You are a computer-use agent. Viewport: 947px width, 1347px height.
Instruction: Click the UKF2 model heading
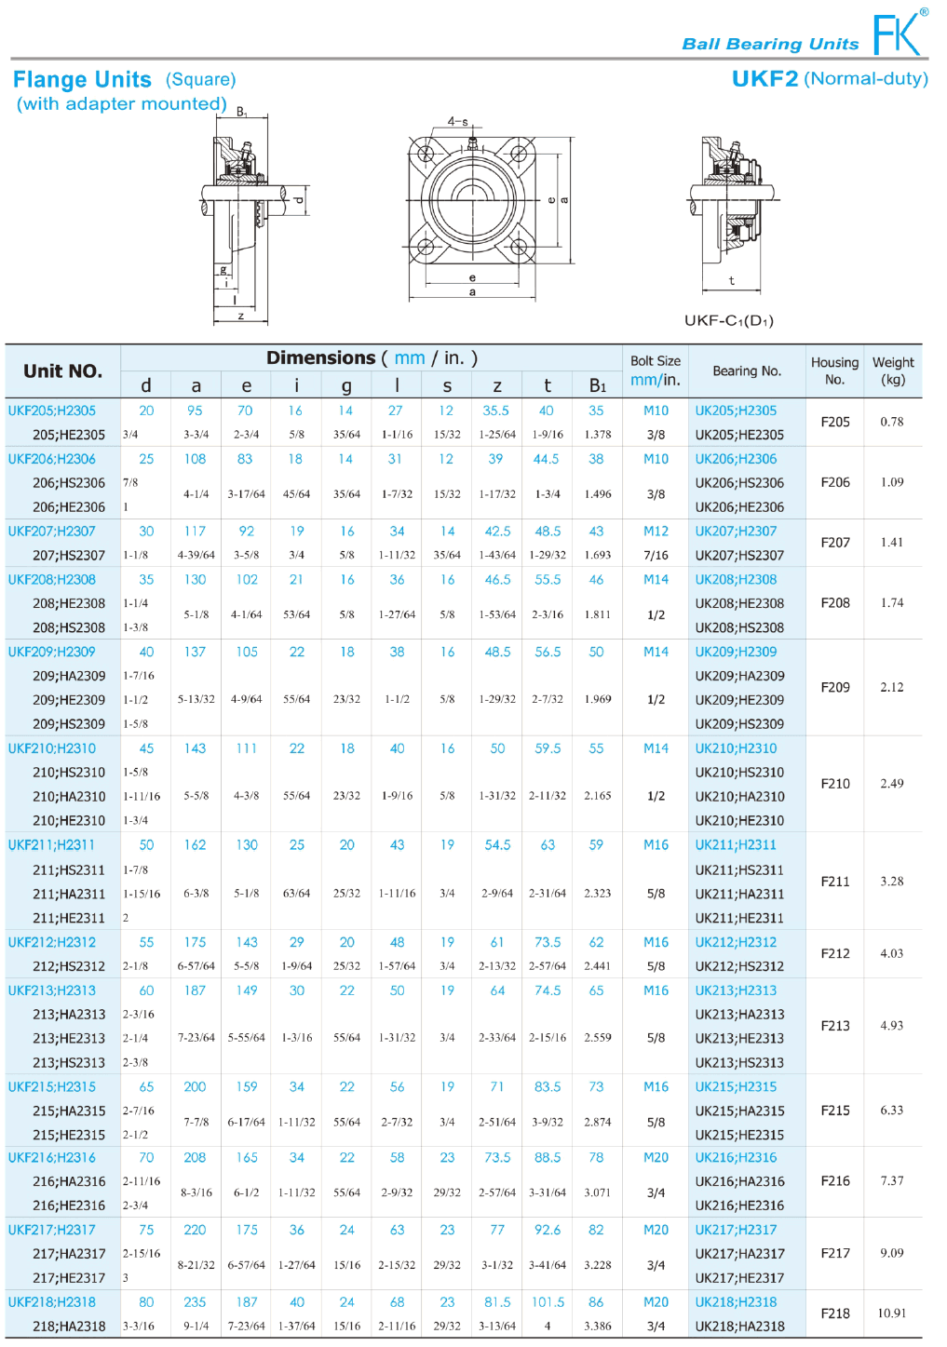(x=764, y=79)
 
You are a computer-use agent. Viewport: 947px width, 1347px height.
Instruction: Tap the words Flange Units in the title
(x=82, y=79)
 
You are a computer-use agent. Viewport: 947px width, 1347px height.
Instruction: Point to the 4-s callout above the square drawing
(x=457, y=121)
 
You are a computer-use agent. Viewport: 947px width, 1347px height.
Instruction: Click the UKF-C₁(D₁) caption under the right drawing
(x=728, y=320)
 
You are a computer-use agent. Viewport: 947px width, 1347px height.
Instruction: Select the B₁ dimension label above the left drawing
(x=242, y=112)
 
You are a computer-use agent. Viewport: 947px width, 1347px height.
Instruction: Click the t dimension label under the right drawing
(x=732, y=280)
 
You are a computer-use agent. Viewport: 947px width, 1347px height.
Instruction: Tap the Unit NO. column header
(x=62, y=371)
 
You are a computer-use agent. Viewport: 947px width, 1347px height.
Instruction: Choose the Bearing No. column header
(x=747, y=371)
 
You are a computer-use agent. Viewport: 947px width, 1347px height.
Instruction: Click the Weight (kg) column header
(x=893, y=370)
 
